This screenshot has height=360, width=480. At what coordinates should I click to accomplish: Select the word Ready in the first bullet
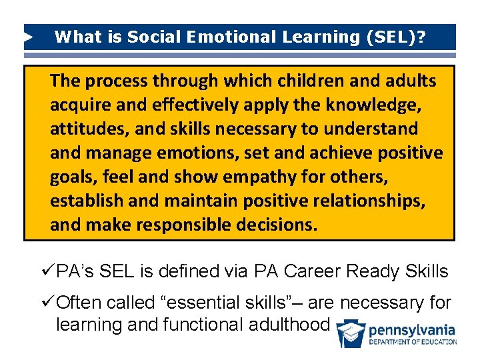[x=377, y=272]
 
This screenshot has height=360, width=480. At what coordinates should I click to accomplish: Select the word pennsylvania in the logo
[x=413, y=330]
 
